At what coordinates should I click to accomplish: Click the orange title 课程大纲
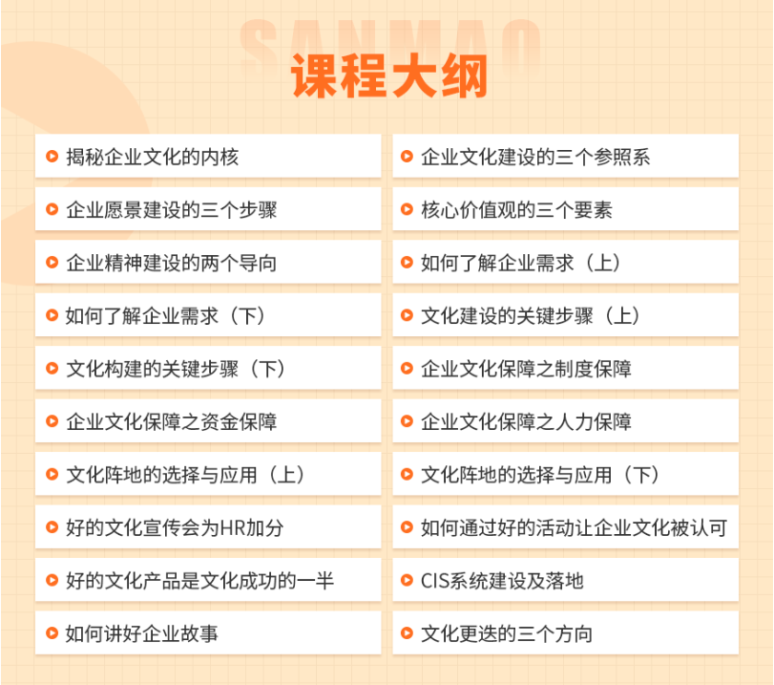tap(389, 76)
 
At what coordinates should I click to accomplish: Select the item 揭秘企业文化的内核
tap(153, 158)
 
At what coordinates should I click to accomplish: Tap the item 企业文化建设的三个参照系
tap(535, 158)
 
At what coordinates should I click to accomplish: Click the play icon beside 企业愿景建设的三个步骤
tap(52, 209)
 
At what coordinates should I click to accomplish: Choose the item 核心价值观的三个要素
tap(516, 210)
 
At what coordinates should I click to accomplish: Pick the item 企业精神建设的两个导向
tap(171, 263)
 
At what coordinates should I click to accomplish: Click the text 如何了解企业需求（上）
tap(521, 263)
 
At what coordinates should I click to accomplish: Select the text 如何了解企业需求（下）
tap(166, 316)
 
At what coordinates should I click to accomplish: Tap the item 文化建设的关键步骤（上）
tap(531, 316)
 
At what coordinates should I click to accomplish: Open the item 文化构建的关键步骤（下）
tap(177, 369)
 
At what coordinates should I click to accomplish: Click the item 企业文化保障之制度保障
tap(526, 369)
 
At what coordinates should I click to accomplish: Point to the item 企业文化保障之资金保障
tap(171, 421)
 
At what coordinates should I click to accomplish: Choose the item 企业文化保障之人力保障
tap(526, 421)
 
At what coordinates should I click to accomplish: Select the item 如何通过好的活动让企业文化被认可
tap(574, 527)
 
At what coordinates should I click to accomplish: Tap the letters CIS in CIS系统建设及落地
tap(434, 581)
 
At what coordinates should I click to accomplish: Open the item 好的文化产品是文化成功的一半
tap(199, 581)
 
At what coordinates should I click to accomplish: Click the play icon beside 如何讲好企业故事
tap(52, 633)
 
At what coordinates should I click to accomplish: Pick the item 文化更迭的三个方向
tap(507, 633)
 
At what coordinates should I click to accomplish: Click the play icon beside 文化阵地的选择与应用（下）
tap(407, 475)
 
